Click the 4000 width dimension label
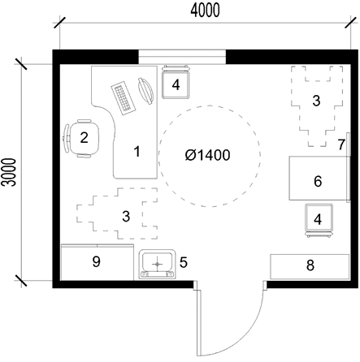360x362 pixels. [205, 11]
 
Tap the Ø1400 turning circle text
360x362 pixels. [208, 155]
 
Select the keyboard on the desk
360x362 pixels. [124, 97]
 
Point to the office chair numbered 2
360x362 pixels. [81, 138]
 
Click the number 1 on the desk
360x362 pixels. [137, 151]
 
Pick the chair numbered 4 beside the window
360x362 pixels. [176, 81]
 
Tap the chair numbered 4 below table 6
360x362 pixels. [319, 221]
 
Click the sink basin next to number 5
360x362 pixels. [157, 264]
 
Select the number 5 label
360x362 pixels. [184, 262]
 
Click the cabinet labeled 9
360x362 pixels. [98, 262]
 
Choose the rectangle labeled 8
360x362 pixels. [310, 266]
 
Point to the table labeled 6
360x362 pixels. [319, 179]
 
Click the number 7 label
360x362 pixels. [341, 144]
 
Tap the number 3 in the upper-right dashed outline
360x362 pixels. [316, 101]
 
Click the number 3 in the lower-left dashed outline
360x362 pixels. [126, 217]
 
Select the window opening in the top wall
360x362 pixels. [182, 57]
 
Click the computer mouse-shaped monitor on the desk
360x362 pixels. [145, 91]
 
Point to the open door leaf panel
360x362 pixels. [199, 323]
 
